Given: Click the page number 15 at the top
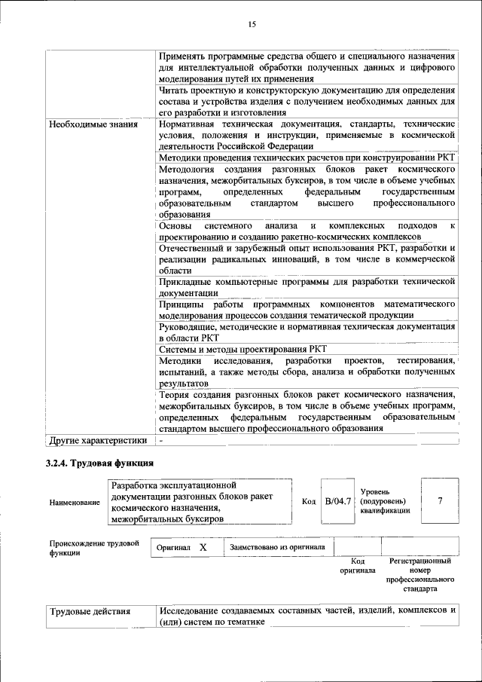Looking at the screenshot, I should tap(252, 25).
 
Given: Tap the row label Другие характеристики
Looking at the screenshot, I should tap(98, 440).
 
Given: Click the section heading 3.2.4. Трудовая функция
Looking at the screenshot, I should tap(100, 463).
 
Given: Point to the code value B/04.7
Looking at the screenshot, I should tap(338, 500).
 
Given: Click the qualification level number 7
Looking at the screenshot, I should tap(439, 500).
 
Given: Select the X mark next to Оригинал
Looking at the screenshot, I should tap(203, 547).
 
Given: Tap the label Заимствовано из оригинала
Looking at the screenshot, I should tap(277, 547).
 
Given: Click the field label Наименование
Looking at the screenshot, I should tap(74, 502).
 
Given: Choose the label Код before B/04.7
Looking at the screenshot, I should tap(309, 501).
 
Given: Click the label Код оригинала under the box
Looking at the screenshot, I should tap(358, 566).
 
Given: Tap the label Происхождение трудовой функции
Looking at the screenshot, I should tap(94, 548).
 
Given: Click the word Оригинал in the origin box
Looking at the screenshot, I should tap(173, 547).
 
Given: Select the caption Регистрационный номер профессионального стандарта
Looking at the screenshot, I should tap(419, 575).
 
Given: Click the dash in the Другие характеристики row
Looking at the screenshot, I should tap(161, 440).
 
